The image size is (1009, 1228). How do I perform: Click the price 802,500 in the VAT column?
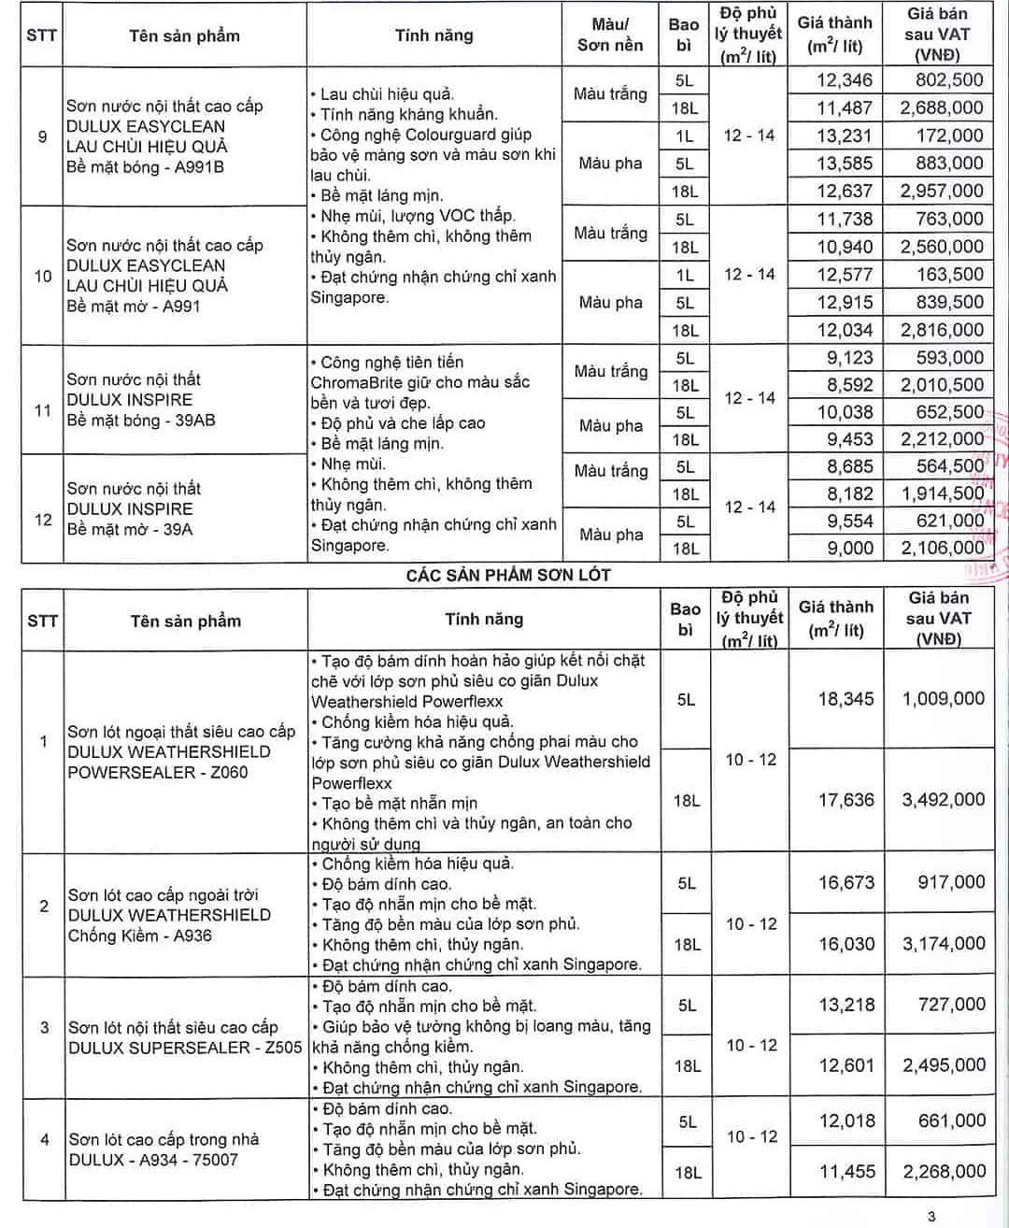(949, 80)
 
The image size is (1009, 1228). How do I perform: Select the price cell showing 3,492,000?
(944, 800)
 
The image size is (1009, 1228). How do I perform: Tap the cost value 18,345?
(846, 698)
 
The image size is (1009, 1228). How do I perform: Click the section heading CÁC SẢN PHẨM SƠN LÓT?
(507, 576)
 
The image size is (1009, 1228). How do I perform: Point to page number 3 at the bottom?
(931, 1216)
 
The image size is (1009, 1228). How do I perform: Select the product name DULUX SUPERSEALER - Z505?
(185, 1049)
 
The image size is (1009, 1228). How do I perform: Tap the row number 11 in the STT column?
(42, 410)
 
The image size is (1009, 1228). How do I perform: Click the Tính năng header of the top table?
(433, 36)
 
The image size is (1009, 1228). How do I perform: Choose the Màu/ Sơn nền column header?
(610, 35)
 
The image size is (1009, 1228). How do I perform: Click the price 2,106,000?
(942, 549)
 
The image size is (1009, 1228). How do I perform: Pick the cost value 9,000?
(851, 549)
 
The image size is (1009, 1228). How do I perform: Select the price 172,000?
(949, 136)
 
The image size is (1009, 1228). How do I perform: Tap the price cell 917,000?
(951, 882)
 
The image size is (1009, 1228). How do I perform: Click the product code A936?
(192, 935)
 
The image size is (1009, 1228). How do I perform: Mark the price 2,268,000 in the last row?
(944, 1171)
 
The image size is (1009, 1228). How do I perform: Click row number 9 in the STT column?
(42, 136)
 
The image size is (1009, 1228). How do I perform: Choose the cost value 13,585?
(844, 164)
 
